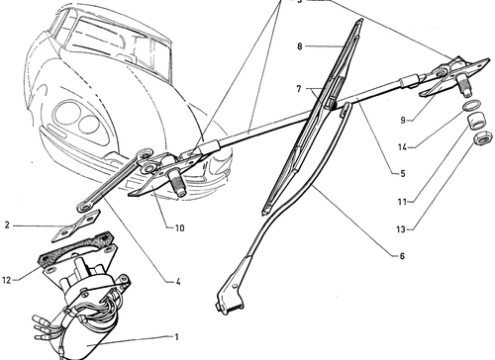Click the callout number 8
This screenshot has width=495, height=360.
point(299,46)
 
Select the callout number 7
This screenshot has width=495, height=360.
point(299,89)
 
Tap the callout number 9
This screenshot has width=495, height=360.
point(403,121)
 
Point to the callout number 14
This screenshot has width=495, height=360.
point(402,147)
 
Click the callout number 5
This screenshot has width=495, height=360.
point(403,173)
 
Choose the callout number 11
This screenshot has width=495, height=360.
point(402,201)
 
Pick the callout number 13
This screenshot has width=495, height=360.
point(401,228)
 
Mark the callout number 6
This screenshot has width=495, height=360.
point(402,256)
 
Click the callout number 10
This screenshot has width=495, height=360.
point(179,227)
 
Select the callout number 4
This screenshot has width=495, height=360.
point(178,282)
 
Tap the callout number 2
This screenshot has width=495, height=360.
point(7,225)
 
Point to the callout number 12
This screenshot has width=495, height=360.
point(7,280)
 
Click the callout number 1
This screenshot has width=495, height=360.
point(176,337)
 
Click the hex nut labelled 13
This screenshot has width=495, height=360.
point(483,137)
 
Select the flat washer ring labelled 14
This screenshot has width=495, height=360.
point(472,106)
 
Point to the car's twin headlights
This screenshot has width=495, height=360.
point(79,120)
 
